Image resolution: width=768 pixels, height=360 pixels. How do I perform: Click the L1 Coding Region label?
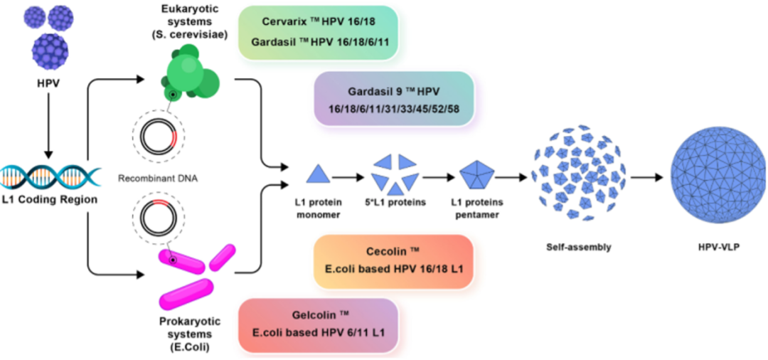pos(48,200)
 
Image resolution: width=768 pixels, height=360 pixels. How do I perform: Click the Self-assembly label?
pos(579,248)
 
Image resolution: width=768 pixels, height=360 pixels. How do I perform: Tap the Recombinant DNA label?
pos(158,175)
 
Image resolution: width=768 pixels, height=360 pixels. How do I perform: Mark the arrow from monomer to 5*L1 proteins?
pos(349,175)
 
